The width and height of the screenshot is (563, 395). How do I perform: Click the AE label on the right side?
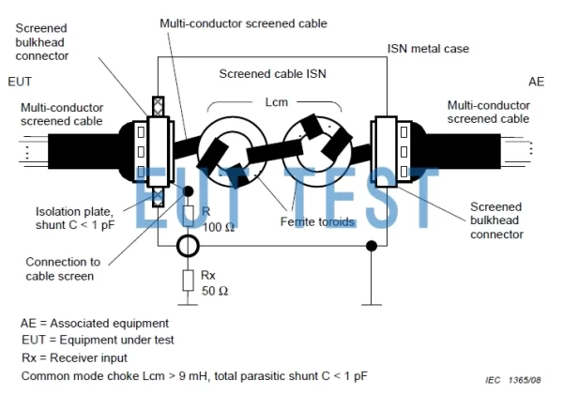536,83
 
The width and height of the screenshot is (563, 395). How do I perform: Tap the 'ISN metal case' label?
429,49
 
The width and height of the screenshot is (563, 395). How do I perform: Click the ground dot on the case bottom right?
373,246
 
